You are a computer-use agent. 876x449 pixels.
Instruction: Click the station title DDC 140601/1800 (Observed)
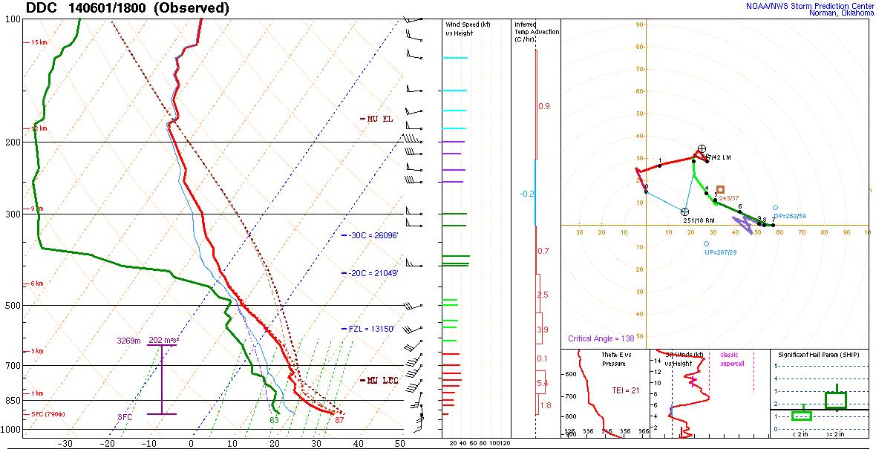127,8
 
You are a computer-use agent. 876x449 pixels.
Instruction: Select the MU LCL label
382,381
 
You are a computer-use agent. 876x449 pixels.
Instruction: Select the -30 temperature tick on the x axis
65,443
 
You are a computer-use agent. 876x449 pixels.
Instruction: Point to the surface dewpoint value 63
274,420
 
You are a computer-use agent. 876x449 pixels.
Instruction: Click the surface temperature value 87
339,420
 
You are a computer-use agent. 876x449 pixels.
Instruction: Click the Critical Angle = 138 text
601,338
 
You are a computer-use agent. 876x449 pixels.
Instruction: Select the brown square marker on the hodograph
720,190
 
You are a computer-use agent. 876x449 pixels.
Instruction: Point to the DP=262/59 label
788,216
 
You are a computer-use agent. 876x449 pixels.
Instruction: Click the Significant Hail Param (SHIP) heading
820,355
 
